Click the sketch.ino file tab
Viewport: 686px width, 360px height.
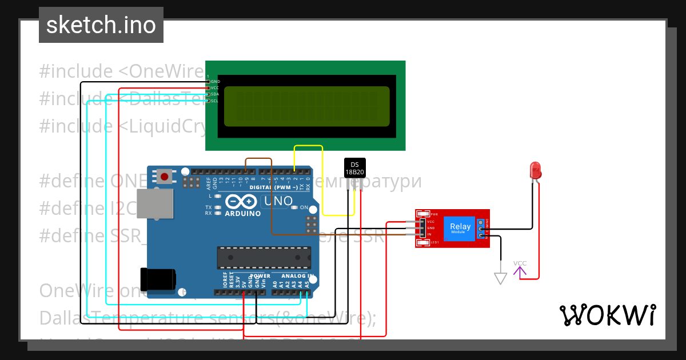[101, 25]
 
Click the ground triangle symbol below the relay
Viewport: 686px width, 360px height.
[501, 279]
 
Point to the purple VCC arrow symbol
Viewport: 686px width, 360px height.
[520, 270]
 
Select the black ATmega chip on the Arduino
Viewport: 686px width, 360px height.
[264, 258]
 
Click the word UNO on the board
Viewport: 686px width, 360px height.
[278, 201]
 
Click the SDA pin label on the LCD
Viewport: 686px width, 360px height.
[215, 94]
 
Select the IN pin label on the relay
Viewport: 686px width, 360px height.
[430, 235]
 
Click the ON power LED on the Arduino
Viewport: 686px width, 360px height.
[294, 207]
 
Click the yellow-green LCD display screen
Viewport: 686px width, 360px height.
[306, 106]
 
